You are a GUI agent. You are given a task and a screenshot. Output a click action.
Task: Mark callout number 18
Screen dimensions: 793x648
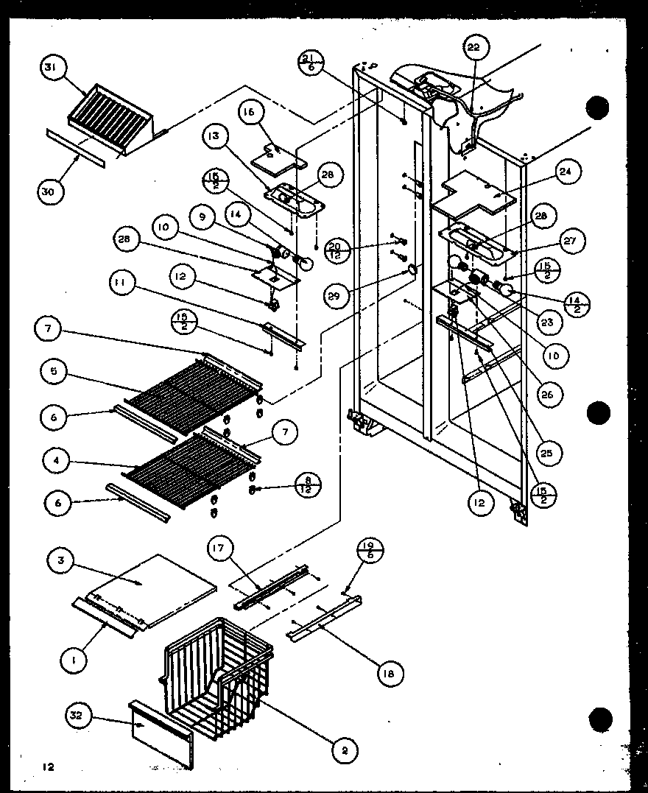pos(391,672)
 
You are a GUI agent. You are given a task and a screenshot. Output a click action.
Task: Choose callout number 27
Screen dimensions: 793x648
pos(572,240)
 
